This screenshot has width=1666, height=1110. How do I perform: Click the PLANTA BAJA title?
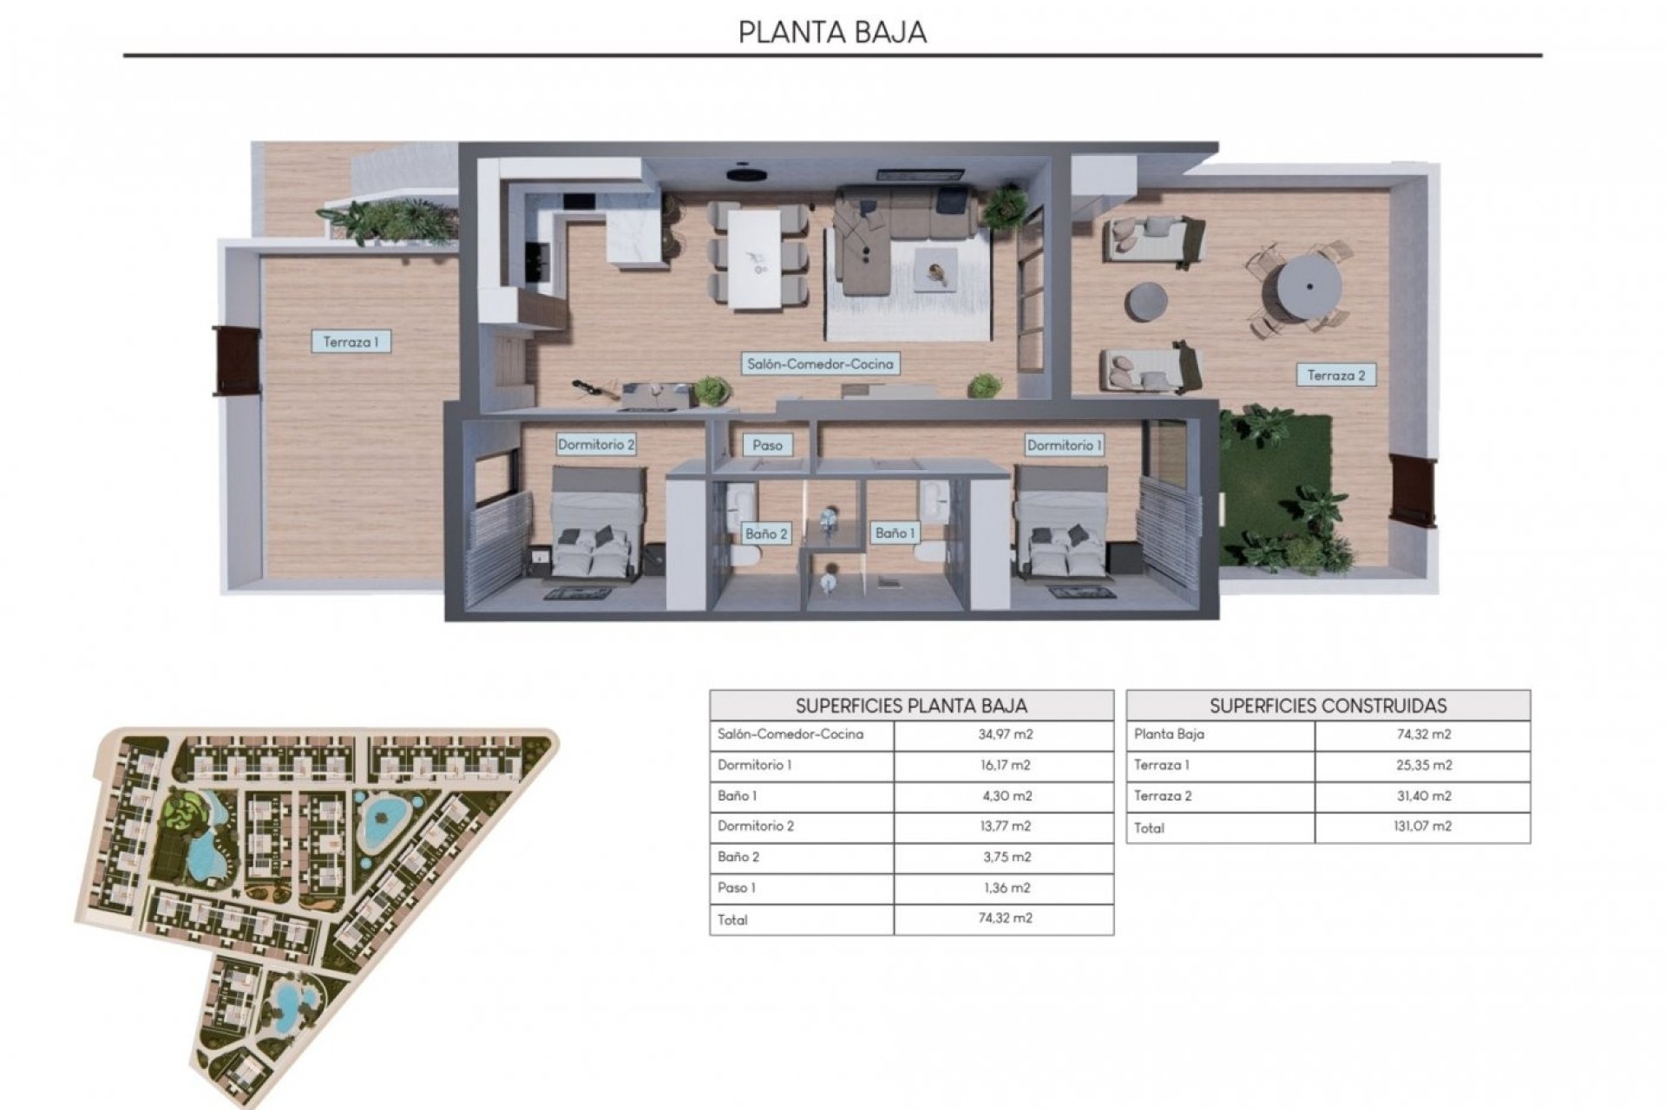coord(832,32)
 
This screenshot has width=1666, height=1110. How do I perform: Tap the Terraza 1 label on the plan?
coord(351,342)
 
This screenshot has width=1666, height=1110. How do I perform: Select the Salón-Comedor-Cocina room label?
coord(820,364)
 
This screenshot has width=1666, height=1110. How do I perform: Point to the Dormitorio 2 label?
coord(596,445)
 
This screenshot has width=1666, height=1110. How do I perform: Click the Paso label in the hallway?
coord(767,445)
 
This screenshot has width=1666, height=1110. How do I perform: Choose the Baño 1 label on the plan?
coord(895,532)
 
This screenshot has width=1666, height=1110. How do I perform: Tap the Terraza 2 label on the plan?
coord(1336,375)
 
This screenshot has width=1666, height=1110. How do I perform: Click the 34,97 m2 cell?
coord(1005,735)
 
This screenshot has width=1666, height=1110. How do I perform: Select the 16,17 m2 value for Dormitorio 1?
coord(1005,766)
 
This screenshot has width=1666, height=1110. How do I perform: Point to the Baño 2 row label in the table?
coord(738,857)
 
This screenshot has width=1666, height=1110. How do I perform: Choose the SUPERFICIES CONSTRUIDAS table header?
coord(1328,706)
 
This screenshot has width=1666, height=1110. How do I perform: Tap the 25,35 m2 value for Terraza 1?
coord(1423,766)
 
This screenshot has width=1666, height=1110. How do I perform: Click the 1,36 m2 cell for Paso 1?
coord(1005,888)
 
